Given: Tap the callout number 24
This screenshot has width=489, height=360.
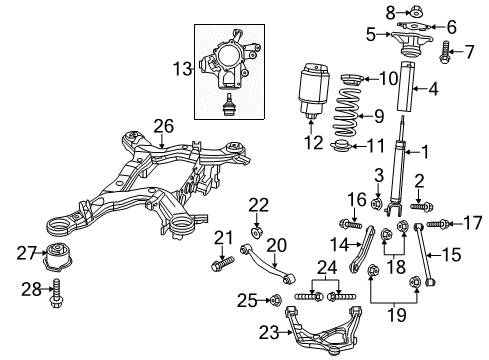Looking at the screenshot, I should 323,267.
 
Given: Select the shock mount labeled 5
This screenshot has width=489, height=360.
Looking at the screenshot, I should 410,45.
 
